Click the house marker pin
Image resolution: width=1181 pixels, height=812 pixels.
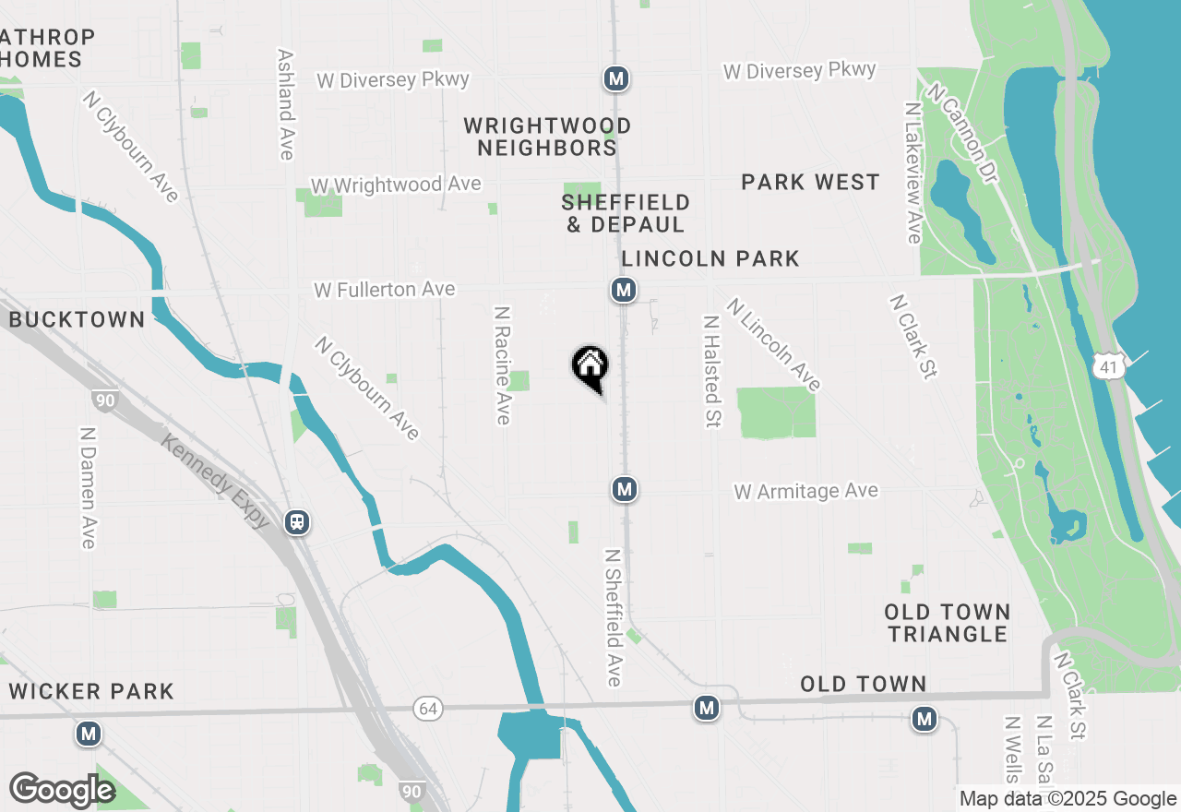590,367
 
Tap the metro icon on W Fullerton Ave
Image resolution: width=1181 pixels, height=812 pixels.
624,291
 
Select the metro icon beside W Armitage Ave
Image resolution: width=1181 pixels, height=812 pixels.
625,489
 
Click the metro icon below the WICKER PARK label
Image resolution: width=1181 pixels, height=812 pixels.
89,734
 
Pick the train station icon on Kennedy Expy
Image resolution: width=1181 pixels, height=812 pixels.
297,522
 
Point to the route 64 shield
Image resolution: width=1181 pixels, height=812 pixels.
429,709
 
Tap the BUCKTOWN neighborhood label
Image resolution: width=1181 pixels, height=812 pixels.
78,320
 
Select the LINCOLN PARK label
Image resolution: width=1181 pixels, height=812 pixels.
710,259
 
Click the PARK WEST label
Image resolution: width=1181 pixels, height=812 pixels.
810,183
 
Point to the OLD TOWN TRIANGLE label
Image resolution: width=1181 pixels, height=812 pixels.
947,623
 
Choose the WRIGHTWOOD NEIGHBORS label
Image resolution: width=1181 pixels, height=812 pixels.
547,137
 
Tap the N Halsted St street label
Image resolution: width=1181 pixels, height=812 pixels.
711,372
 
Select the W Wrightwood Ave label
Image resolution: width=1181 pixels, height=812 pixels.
396,185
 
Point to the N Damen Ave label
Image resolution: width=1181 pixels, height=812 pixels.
89,487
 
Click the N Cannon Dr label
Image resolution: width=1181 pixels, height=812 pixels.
964,133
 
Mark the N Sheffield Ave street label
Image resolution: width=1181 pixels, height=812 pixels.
614,618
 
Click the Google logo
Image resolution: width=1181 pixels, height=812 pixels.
62,791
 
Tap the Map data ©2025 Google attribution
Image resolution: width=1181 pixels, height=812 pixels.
1068,799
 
